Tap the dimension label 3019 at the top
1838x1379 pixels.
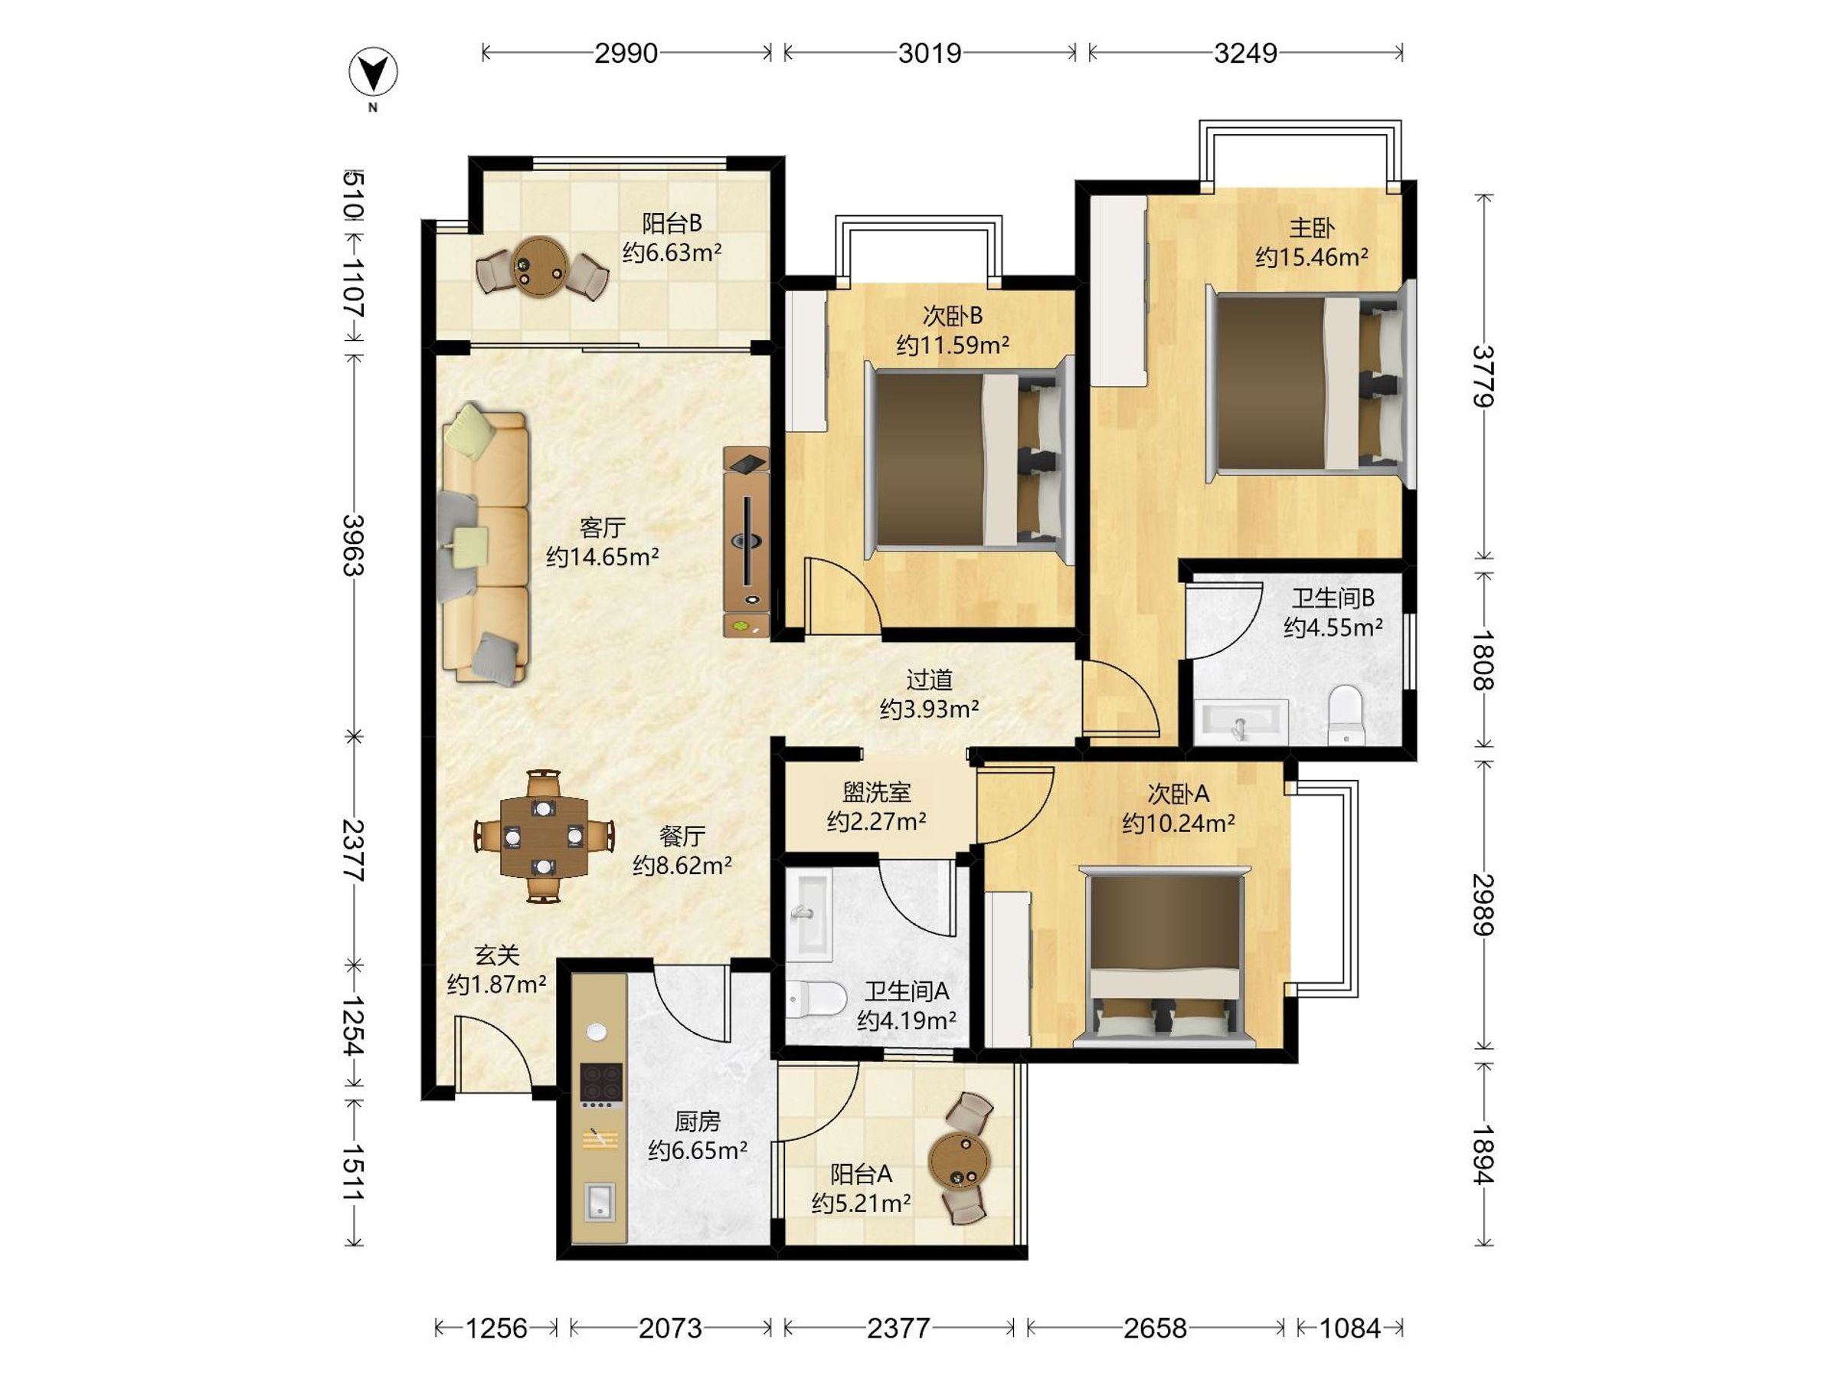coord(930,53)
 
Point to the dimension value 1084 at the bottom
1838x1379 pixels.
coord(1350,1328)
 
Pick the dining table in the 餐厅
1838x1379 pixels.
coord(544,837)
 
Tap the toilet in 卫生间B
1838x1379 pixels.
coord(1346,714)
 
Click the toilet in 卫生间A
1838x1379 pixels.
coord(815,998)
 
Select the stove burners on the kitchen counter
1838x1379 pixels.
coord(600,1086)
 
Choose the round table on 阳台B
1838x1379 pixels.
coord(541,263)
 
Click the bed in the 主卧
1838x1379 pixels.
coord(1310,384)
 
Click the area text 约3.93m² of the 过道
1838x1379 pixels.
coord(929,709)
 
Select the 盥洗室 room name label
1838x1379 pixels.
coord(877,791)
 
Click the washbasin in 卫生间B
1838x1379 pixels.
coord(1241,721)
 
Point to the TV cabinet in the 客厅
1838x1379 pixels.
coord(747,542)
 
